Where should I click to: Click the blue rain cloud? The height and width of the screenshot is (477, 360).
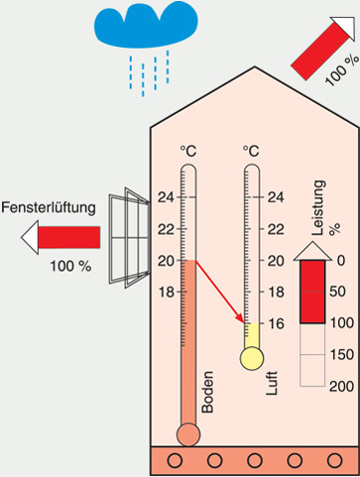pyautogui.click(x=146, y=24)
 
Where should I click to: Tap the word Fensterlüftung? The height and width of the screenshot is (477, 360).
pyautogui.click(x=49, y=208)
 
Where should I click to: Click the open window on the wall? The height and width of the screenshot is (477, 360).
pyautogui.click(x=130, y=238)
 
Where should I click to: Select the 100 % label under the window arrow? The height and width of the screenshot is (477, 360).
pyautogui.click(x=70, y=266)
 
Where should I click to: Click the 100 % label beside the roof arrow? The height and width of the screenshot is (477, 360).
pyautogui.click(x=341, y=70)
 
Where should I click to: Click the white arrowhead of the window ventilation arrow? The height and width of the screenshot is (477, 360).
pyautogui.click(x=30, y=237)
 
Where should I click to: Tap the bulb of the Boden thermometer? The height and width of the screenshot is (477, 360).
pyautogui.click(x=188, y=434)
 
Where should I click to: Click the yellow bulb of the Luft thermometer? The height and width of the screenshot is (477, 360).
pyautogui.click(x=252, y=358)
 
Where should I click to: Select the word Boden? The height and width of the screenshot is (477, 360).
pyautogui.click(x=207, y=392)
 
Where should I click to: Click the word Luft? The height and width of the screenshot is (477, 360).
pyautogui.click(x=272, y=383)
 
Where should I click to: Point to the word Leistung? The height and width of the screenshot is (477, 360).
pyautogui.click(x=318, y=207)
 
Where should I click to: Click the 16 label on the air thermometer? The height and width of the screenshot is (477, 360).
pyautogui.click(x=276, y=323)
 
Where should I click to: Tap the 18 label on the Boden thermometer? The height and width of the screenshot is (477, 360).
pyautogui.click(x=166, y=293)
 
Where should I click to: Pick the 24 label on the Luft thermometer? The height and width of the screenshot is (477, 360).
pyautogui.click(x=276, y=197)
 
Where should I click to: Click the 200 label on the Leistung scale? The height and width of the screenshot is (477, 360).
pyautogui.click(x=342, y=386)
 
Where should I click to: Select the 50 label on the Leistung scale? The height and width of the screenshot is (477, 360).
pyautogui.click(x=337, y=292)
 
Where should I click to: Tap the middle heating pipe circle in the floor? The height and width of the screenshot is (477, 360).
pyautogui.click(x=255, y=460)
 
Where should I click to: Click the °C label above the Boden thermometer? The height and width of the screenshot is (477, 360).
pyautogui.click(x=188, y=152)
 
